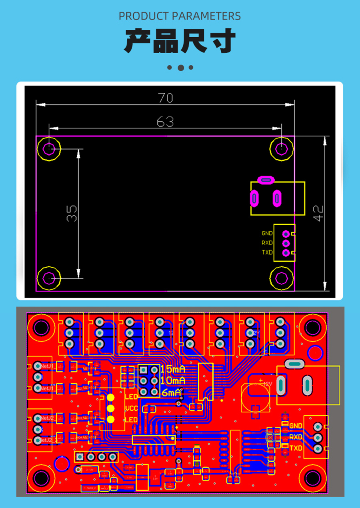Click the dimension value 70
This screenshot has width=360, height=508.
[165, 98]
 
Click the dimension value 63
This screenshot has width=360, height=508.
[165, 122]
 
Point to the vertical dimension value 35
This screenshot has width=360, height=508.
[72, 213]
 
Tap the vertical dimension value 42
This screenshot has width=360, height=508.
[319, 213]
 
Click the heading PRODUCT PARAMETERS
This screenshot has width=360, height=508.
[180, 16]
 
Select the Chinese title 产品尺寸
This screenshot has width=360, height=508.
[180, 41]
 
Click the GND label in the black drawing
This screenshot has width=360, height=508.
[267, 233]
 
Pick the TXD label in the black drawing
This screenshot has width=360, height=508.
[267, 252]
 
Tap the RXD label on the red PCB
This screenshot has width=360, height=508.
[296, 437]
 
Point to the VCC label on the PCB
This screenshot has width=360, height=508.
[132, 408]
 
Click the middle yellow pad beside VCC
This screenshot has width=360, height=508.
[111, 408]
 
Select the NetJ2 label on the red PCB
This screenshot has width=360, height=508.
[47, 418]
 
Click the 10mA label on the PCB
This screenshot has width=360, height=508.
[173, 380]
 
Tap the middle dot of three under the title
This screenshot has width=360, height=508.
[180, 68]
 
